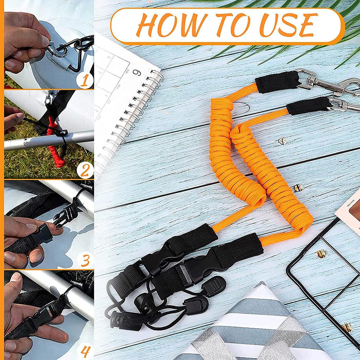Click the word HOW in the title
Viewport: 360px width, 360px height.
[165, 26]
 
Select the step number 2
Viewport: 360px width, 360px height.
[85, 170]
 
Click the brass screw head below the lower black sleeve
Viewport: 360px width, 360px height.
[282, 141]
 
